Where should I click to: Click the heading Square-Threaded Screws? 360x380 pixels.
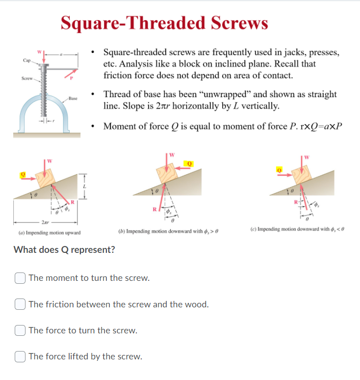coord(164,23)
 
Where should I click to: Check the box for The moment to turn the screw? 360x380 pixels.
coord(20,278)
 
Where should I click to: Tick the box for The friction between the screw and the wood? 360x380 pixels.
coord(20,304)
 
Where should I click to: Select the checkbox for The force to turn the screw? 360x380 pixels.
coord(20,330)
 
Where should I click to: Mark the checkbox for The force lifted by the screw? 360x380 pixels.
coord(20,356)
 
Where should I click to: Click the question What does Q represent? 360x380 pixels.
coord(65,249)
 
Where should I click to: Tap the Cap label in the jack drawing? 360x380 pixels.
coord(26,60)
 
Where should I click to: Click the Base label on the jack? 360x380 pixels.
coord(73,99)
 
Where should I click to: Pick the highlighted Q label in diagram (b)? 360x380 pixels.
coord(189,163)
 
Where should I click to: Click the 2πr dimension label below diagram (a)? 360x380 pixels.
coord(46,222)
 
